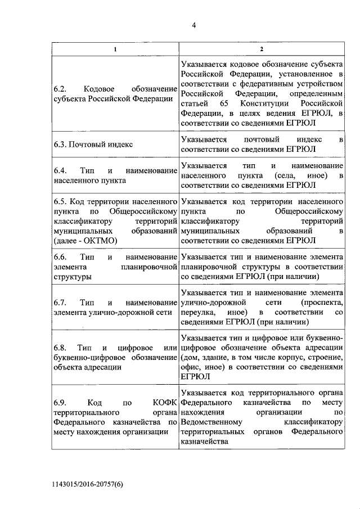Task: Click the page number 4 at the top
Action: [x=193, y=24]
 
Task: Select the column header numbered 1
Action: [x=115, y=49]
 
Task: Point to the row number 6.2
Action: [x=61, y=89]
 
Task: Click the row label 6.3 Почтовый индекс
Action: [x=93, y=144]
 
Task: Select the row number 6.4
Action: [x=61, y=170]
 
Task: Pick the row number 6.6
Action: [x=61, y=257]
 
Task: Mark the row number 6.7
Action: [x=61, y=302]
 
